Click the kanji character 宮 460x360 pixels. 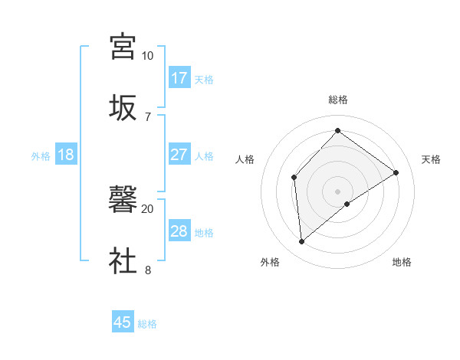(x=123, y=47)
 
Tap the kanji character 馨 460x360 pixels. (x=123, y=200)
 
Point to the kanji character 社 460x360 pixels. (x=123, y=260)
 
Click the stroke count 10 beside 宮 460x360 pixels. (x=147, y=56)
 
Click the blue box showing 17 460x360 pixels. (x=179, y=78)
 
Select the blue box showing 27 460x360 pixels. (x=179, y=155)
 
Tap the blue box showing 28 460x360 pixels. (x=179, y=231)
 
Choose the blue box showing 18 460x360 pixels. (x=66, y=155)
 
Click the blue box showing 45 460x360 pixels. (x=123, y=322)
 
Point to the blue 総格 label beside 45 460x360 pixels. (x=147, y=324)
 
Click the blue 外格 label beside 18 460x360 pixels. (x=41, y=156)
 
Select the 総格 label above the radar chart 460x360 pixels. (x=337, y=100)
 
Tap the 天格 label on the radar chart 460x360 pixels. (x=432, y=159)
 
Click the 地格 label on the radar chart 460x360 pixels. (x=402, y=262)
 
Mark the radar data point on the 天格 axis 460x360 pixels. (x=396, y=172)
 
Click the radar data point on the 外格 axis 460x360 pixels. (x=302, y=242)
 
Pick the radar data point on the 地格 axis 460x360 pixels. (x=347, y=204)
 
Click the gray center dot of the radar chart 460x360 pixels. (x=337, y=190)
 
